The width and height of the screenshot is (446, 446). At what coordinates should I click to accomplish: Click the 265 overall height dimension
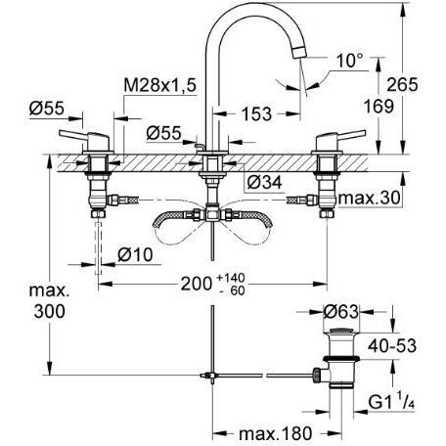pyautogui.click(x=402, y=85)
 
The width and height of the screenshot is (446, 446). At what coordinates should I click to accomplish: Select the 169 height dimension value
pyautogui.click(x=379, y=107)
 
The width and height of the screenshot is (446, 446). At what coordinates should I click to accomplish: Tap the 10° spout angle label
pyautogui.click(x=349, y=61)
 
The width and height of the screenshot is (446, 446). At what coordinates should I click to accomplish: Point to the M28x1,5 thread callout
pyautogui.click(x=160, y=85)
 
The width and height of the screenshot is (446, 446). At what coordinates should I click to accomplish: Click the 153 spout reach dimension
pyautogui.click(x=256, y=113)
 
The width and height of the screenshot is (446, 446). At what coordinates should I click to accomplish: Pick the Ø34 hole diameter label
pyautogui.click(x=264, y=183)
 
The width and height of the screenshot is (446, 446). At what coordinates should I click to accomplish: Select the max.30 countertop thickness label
pyautogui.click(x=369, y=198)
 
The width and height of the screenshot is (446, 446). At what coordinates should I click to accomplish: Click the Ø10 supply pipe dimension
pyautogui.click(x=135, y=254)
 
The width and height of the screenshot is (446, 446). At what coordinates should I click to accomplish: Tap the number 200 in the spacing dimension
pyautogui.click(x=197, y=284)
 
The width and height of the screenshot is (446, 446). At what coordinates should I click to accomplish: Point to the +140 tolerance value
pyautogui.click(x=231, y=278)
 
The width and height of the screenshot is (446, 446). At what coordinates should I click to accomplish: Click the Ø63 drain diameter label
pyautogui.click(x=340, y=312)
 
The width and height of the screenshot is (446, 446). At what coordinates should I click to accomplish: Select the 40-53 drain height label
pyautogui.click(x=392, y=346)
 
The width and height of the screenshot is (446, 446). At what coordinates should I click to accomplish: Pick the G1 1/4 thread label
pyautogui.click(x=391, y=402)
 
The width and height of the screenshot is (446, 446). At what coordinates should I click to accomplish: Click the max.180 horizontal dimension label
pyautogui.click(x=276, y=433)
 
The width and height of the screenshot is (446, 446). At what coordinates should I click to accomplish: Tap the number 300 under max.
pyautogui.click(x=50, y=311)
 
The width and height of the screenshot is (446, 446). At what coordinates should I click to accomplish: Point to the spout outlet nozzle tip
pyautogui.click(x=299, y=52)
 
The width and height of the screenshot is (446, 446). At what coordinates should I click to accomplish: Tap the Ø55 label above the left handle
pyautogui.click(x=47, y=109)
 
